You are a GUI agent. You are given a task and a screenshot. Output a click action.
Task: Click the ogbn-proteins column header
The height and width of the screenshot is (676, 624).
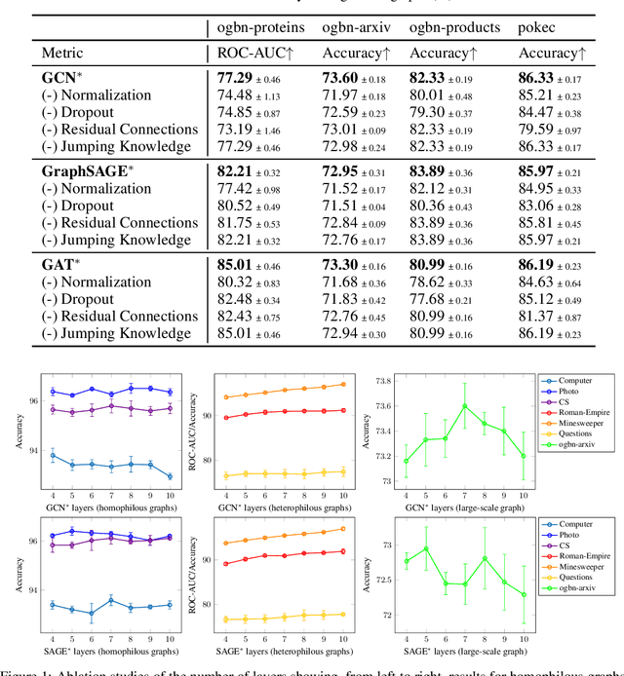click(259, 21)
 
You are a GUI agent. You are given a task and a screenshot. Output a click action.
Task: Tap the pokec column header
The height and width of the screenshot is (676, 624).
click(539, 21)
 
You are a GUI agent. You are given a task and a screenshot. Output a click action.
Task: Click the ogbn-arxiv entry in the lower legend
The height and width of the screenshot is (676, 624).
click(580, 588)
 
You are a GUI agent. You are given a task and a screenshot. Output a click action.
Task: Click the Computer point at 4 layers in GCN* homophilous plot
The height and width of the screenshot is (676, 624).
click(52, 455)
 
